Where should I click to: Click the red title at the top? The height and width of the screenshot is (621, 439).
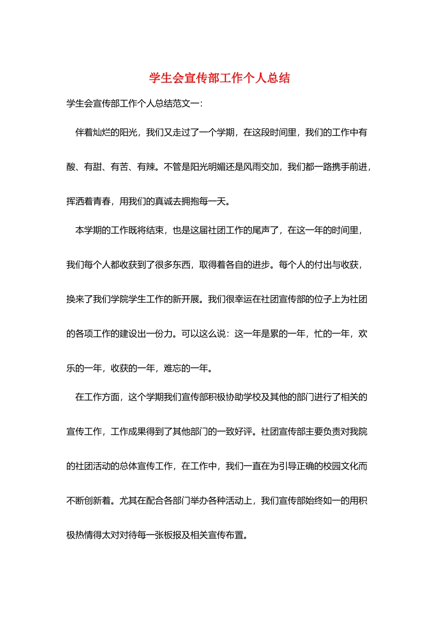219,78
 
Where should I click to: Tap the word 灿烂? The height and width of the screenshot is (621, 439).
102,133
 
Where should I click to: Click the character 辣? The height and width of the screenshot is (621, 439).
151,167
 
